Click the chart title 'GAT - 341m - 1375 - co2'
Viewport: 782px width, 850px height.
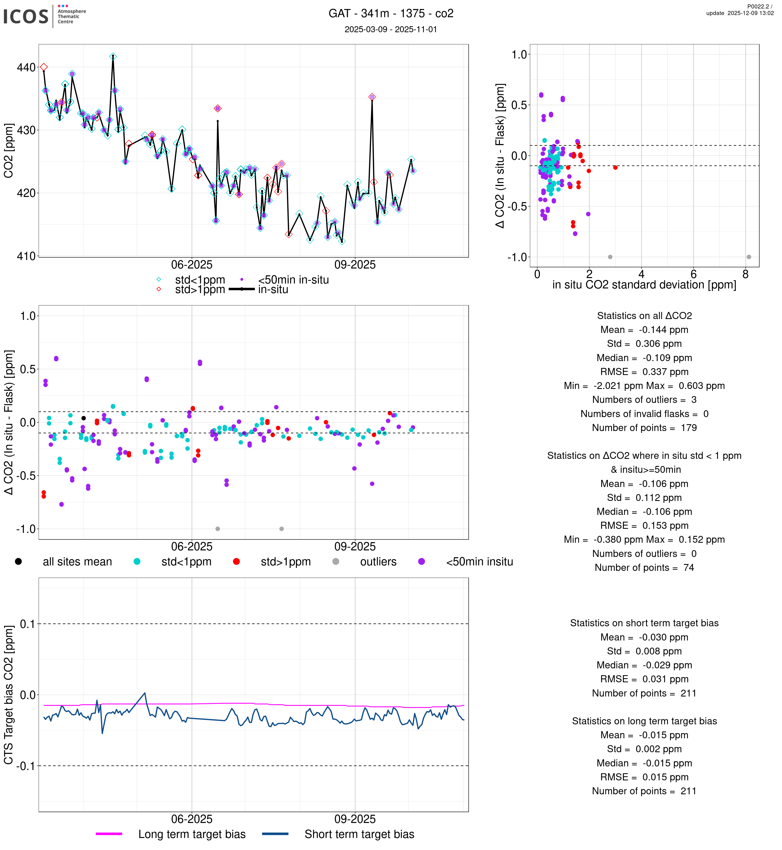(391, 14)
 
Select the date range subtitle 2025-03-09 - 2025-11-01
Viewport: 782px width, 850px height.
(391, 29)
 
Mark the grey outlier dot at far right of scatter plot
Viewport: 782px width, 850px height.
(749, 257)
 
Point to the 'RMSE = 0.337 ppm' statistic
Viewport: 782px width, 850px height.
(644, 372)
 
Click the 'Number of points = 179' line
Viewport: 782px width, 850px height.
(644, 428)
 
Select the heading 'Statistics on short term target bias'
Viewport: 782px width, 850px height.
(644, 623)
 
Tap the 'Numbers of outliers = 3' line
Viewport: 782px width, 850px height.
(644, 400)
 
